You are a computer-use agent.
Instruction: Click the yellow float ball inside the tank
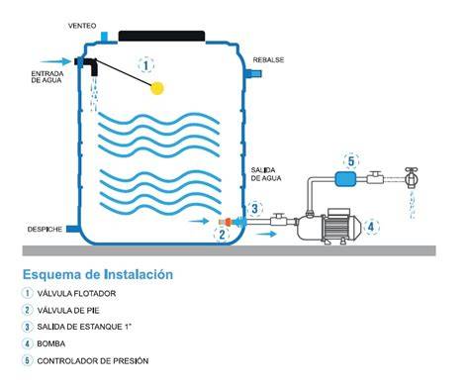[157, 88]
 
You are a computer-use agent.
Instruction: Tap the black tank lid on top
[161, 36]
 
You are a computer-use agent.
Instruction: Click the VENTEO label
[82, 26]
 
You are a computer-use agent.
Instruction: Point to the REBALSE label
[268, 60]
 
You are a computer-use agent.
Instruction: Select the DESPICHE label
[45, 229]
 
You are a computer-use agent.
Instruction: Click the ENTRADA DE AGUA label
[47, 77]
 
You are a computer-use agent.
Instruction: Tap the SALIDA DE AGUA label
[266, 174]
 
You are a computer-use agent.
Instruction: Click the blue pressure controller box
[345, 179]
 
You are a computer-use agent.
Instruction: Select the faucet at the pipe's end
[412, 177]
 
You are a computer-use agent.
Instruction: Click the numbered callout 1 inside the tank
[145, 65]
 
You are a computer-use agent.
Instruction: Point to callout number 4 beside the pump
[371, 228]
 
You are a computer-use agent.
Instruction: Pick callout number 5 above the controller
[351, 161]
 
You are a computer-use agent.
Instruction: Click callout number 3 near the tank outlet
[255, 209]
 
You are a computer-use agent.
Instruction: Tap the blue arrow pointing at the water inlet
[55, 61]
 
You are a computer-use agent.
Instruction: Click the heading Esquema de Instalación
[98, 274]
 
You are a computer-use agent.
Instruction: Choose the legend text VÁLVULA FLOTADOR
[76, 293]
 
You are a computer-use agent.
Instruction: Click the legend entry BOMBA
[50, 343]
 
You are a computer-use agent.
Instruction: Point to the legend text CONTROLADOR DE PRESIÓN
[93, 360]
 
